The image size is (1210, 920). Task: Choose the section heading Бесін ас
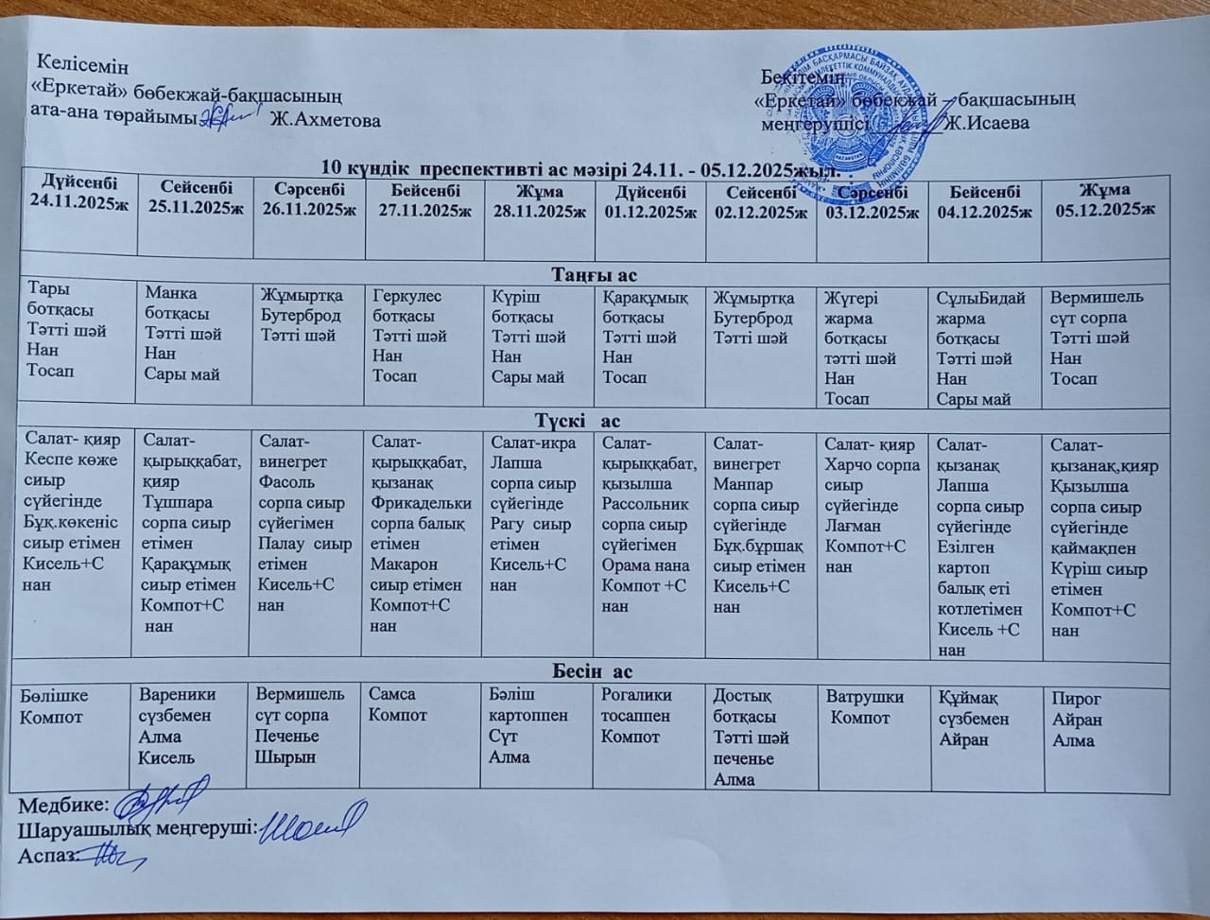pos(593,671)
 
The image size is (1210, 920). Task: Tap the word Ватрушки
pos(866,697)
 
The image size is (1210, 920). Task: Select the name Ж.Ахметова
pos(325,120)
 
